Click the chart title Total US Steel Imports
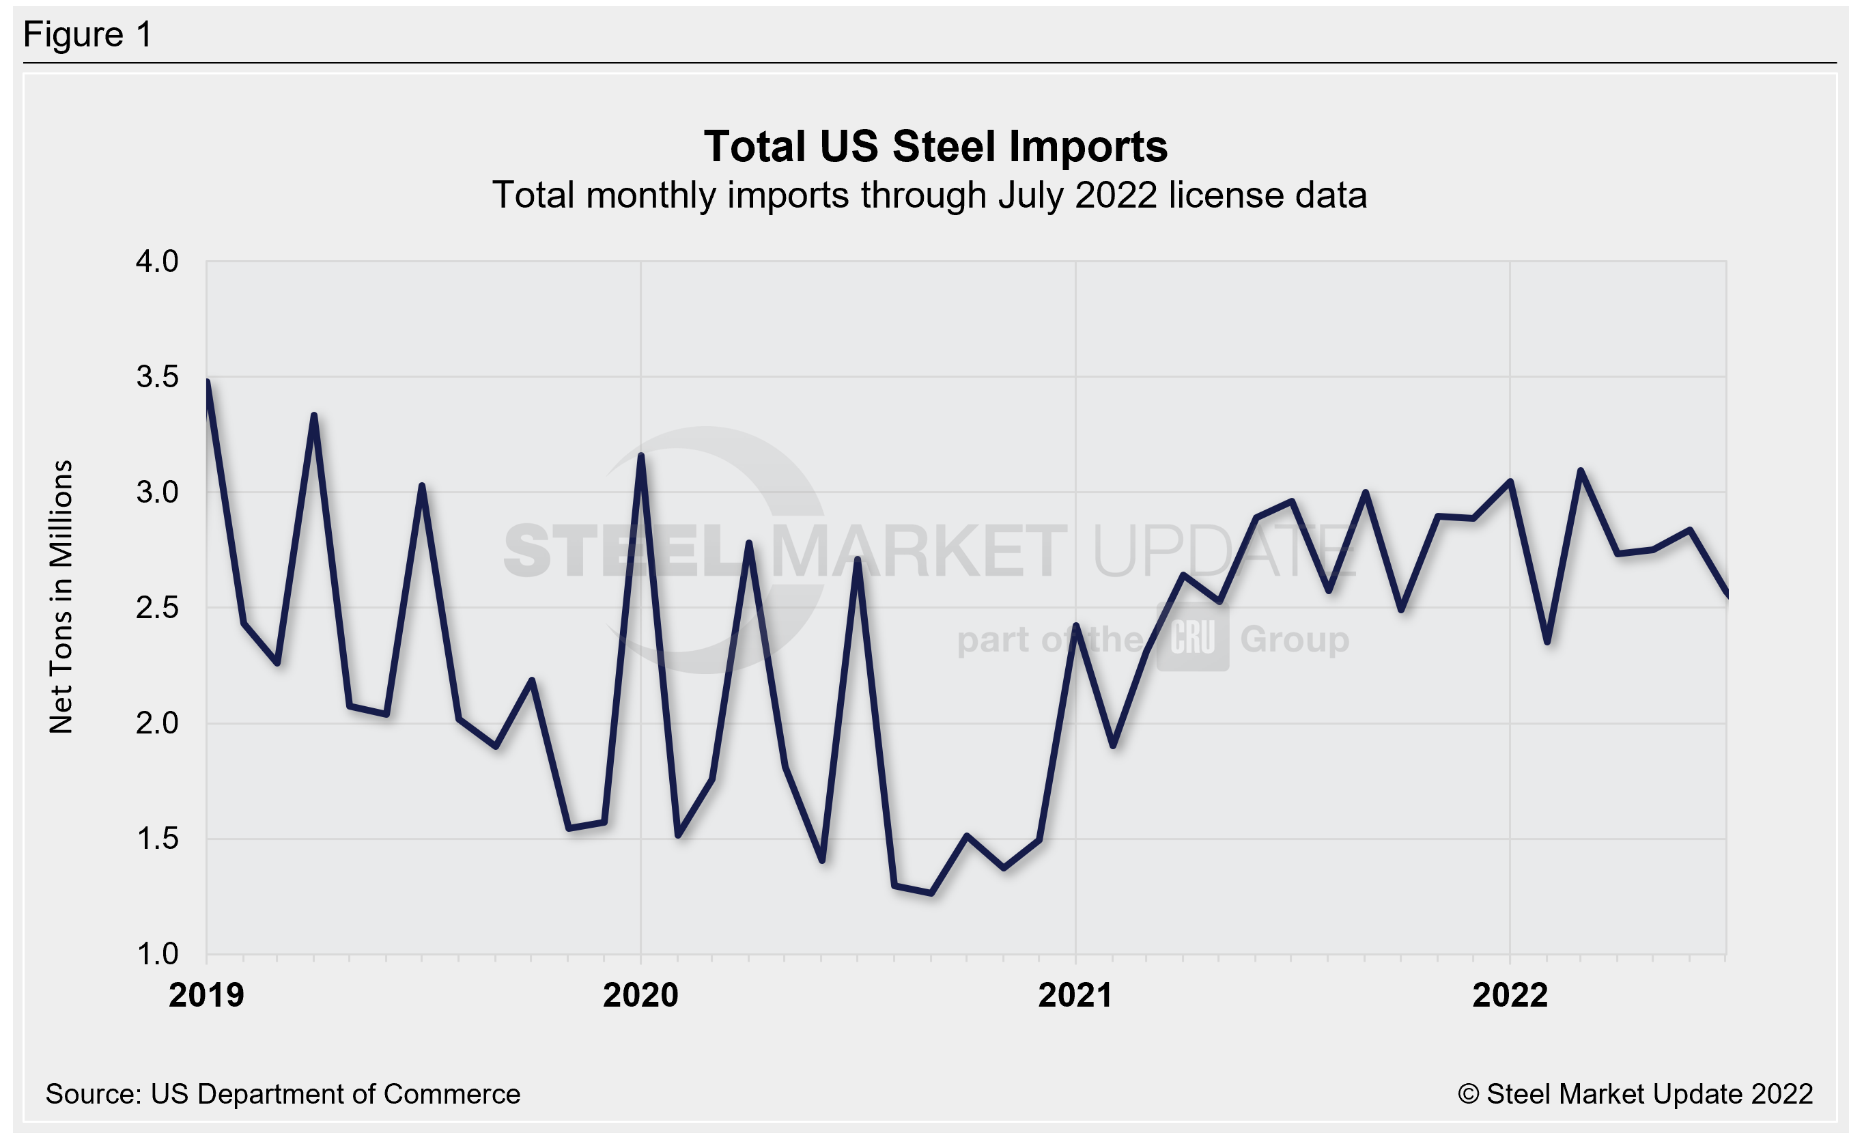click(x=935, y=145)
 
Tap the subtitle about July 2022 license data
click(x=929, y=195)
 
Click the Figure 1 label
click(x=88, y=35)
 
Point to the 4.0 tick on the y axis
click(x=157, y=261)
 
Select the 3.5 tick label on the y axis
click(x=157, y=377)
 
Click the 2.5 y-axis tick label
click(x=157, y=608)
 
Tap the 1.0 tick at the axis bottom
click(x=157, y=953)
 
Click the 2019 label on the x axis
click(x=206, y=995)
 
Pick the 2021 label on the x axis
click(x=1075, y=995)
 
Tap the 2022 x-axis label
click(x=1510, y=995)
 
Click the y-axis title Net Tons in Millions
click(x=61, y=596)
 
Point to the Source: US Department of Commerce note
click(x=282, y=1094)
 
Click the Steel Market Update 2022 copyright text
click(x=1635, y=1094)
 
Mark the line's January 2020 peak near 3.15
click(x=641, y=456)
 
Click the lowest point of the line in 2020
click(x=931, y=893)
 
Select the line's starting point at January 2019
click(x=207, y=382)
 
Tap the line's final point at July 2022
click(x=1726, y=595)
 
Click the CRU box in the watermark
click(x=1192, y=638)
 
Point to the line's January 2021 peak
click(x=1076, y=625)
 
